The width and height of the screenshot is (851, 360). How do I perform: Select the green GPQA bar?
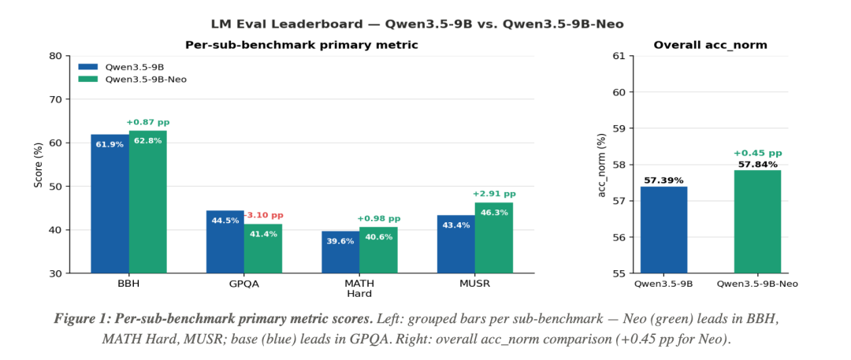coord(262,249)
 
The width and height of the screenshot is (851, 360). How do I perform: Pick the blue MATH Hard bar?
coord(340,253)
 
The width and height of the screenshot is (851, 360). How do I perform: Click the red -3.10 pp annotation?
coord(264,216)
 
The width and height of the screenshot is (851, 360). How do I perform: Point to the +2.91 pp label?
coord(494,194)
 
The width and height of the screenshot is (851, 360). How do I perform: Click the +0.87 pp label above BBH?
coord(147,122)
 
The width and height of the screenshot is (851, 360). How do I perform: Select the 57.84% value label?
coord(757,165)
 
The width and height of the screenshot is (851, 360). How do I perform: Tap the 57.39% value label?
coord(663,181)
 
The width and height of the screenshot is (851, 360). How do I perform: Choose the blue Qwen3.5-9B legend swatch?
coord(88,67)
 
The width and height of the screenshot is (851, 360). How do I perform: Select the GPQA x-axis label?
coord(243,284)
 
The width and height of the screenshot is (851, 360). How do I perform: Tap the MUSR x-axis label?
coord(475,284)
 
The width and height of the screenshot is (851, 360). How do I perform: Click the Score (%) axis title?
coord(38,165)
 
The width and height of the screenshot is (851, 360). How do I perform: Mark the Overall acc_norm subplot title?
coord(711,45)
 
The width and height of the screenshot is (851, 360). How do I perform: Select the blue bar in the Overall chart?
coord(663,230)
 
